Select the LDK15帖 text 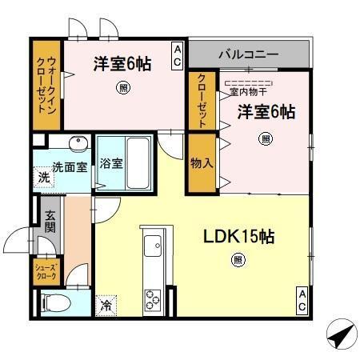pos(238,237)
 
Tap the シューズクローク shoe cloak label pos(46,269)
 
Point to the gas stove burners pos(153,299)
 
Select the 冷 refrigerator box pos(106,304)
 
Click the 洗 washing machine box pos(43,178)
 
